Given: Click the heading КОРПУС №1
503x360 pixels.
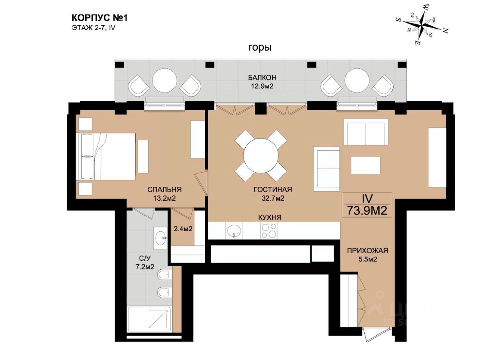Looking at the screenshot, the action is pos(99,18).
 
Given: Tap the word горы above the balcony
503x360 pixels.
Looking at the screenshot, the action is pos(260,48).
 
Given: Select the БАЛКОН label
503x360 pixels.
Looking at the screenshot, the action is pos(262,78).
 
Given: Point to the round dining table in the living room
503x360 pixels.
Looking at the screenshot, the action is pos(261,155).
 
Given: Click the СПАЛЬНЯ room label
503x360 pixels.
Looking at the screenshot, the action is pos(164,190).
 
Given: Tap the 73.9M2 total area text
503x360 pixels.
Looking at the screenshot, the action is pos(367,210).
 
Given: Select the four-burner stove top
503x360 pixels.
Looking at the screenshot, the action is pos(269,231).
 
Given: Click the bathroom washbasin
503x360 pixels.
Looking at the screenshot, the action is pos(160,238).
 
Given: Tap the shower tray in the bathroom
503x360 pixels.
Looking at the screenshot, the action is pos(149,318).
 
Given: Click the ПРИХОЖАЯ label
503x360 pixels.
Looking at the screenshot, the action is pos(367,250).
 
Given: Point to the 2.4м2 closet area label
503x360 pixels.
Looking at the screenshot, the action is pos(183,229).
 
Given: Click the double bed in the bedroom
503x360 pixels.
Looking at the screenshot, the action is pos(106,156).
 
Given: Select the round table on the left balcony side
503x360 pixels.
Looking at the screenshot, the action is pos(165,80).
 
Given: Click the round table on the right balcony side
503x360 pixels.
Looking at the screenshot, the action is pos(357,80).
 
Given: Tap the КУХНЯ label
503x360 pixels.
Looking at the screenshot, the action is pos(270,217).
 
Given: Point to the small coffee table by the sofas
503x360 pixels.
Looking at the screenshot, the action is pos(365,165).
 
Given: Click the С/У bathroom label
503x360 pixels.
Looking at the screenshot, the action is pos(144,258).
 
